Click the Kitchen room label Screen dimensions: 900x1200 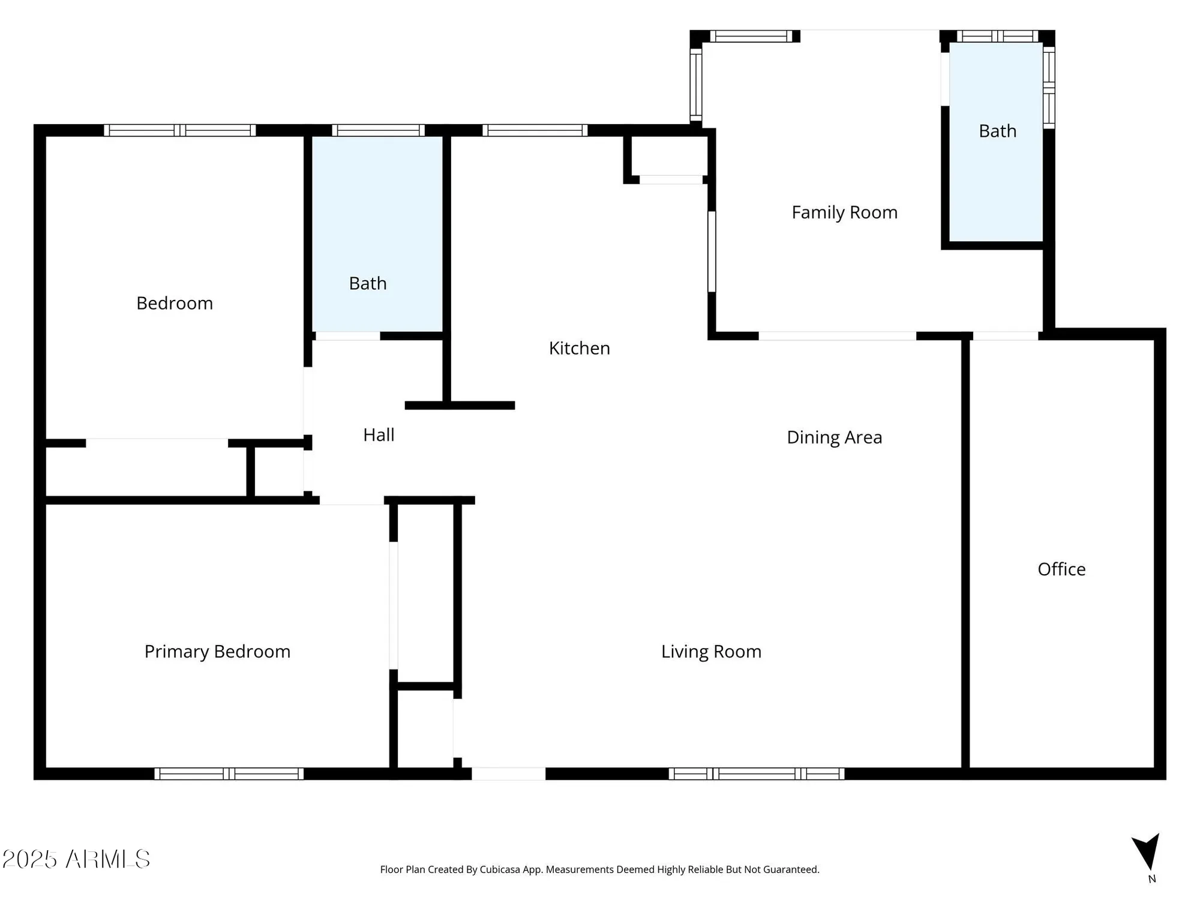tap(579, 348)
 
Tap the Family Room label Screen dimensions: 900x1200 tap(844, 212)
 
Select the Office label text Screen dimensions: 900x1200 tap(1061, 569)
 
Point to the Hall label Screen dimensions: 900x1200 tap(379, 435)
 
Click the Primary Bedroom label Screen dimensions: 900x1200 tap(217, 652)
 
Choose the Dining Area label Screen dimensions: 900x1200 tap(834, 437)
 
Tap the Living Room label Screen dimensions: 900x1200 tap(711, 652)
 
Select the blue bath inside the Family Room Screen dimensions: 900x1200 tap(996, 180)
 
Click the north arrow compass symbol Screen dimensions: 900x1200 tap(1147, 852)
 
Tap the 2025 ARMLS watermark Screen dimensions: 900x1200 tap(76, 859)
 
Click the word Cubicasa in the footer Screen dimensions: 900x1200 tap(500, 869)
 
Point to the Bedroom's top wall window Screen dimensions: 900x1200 tap(179, 130)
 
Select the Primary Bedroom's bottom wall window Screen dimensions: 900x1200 tap(229, 774)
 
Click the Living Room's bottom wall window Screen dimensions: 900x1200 tap(756, 774)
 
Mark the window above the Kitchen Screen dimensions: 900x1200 tap(535, 130)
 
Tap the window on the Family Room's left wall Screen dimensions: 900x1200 tap(696, 84)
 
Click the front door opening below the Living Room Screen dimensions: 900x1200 tap(509, 774)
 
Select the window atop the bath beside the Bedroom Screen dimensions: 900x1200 tap(378, 130)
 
